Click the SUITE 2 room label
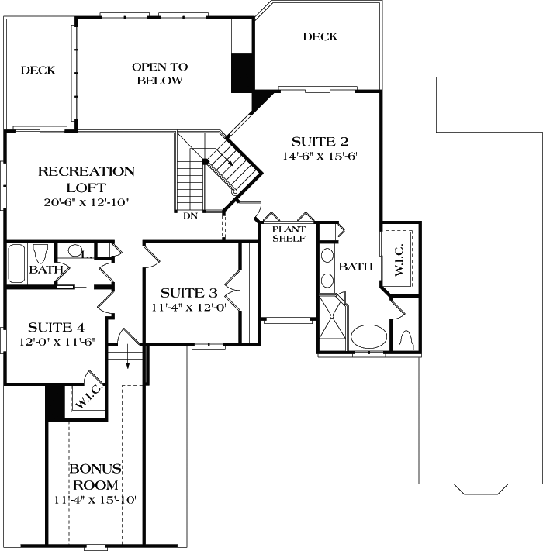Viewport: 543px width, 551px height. tap(320, 142)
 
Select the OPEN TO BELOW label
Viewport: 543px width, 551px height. tap(160, 74)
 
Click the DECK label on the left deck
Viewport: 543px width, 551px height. tap(38, 71)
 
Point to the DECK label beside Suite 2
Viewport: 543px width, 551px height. tap(320, 36)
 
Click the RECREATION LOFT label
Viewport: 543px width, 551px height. tap(86, 179)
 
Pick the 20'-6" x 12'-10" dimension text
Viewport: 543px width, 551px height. tap(86, 202)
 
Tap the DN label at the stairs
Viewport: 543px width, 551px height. tap(191, 216)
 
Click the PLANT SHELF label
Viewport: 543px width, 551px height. tap(288, 233)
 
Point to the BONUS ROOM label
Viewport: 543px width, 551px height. tap(95, 477)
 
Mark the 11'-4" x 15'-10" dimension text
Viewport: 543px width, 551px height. tap(95, 499)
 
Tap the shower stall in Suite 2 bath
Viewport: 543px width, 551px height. tap(332, 323)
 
